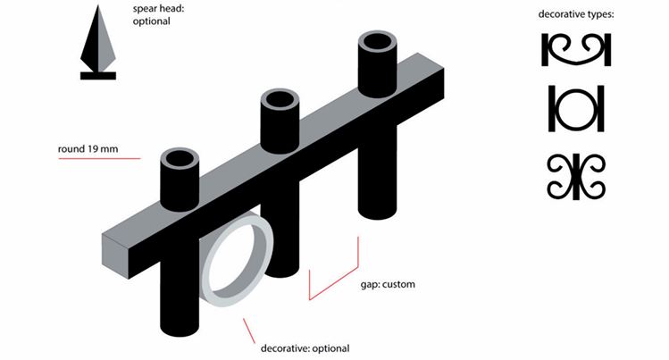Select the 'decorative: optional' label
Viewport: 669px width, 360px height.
305,347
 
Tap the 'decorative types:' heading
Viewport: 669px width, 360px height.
576,15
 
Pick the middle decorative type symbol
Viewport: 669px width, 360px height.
576,108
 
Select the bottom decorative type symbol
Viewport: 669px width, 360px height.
576,176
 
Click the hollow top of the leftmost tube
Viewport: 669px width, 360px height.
180,161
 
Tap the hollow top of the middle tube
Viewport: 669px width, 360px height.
280,101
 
